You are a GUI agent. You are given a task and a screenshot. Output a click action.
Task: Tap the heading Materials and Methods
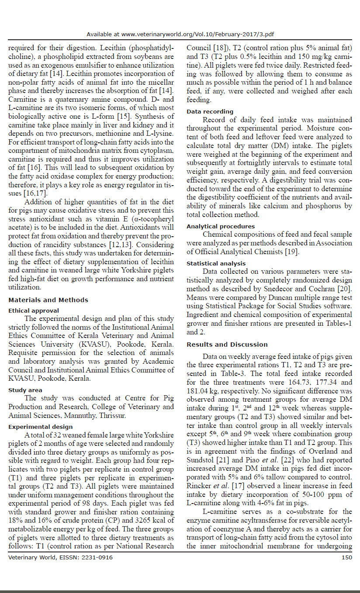pos(48,300)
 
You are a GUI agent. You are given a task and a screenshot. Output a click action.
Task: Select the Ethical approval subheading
pos(34,310)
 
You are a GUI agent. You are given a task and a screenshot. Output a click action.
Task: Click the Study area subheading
pos(25,390)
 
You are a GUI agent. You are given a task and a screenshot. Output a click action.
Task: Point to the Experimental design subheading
pos(41,427)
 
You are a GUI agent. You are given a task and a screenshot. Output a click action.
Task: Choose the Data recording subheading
pos(210,111)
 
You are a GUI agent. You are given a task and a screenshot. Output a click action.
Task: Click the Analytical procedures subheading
pos(221,226)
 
